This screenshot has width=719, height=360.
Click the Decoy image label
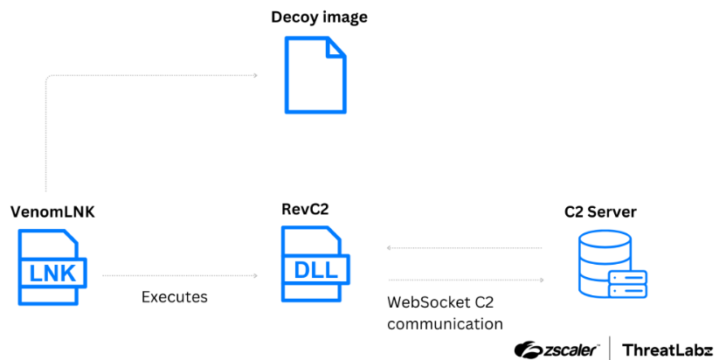319,17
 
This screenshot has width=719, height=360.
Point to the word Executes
175,297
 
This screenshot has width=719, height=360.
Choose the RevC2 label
305,209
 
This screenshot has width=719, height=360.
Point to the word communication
445,324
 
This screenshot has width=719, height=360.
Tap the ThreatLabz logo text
667,350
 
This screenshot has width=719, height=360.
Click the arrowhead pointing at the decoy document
256,76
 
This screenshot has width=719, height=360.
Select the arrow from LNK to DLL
179,276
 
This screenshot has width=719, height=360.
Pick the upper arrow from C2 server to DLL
463,248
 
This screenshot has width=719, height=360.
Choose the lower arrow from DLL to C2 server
463,280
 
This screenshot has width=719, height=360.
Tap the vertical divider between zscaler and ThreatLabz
609,348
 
